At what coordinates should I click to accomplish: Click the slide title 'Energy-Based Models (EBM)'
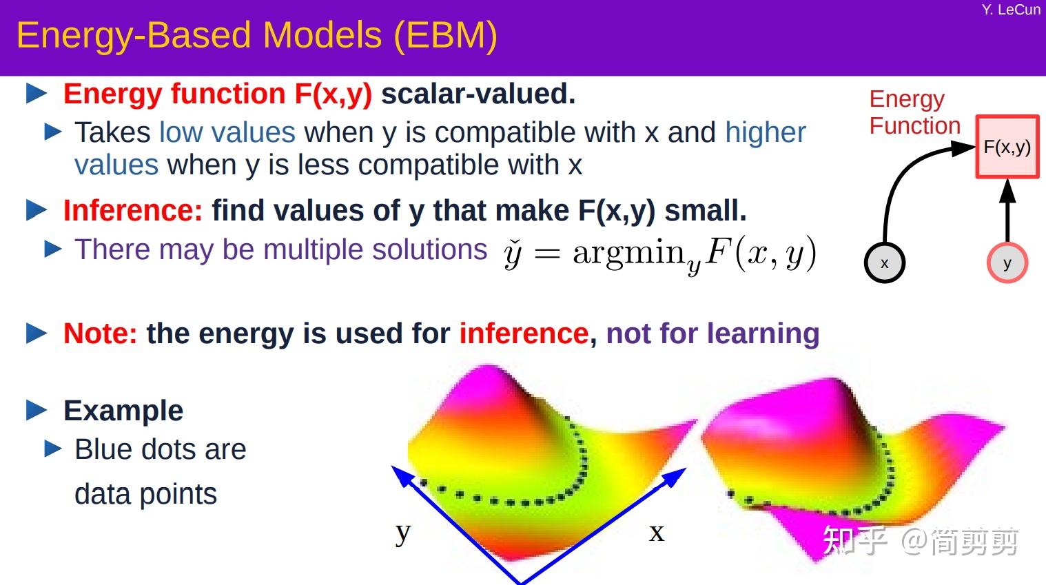[256, 36]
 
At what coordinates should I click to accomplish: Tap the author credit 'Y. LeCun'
[1010, 10]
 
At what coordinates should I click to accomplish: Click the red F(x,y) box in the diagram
[1007, 147]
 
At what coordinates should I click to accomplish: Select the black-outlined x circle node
[884, 263]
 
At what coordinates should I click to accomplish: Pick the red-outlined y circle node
[1007, 263]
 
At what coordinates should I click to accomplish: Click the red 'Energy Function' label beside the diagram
[914, 112]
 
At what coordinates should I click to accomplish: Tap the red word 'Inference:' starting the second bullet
[132, 211]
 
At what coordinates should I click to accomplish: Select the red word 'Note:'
[100, 333]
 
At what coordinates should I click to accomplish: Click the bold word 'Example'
[123, 411]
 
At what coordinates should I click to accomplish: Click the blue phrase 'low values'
[227, 132]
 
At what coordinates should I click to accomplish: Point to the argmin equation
[659, 254]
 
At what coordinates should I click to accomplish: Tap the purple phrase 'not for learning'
[712, 333]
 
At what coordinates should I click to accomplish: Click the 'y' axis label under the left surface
[403, 532]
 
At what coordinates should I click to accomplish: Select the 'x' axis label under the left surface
[656, 532]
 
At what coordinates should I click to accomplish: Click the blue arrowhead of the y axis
[400, 474]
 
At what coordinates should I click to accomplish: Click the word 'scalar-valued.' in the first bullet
[478, 94]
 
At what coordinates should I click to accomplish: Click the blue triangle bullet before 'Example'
[37, 411]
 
